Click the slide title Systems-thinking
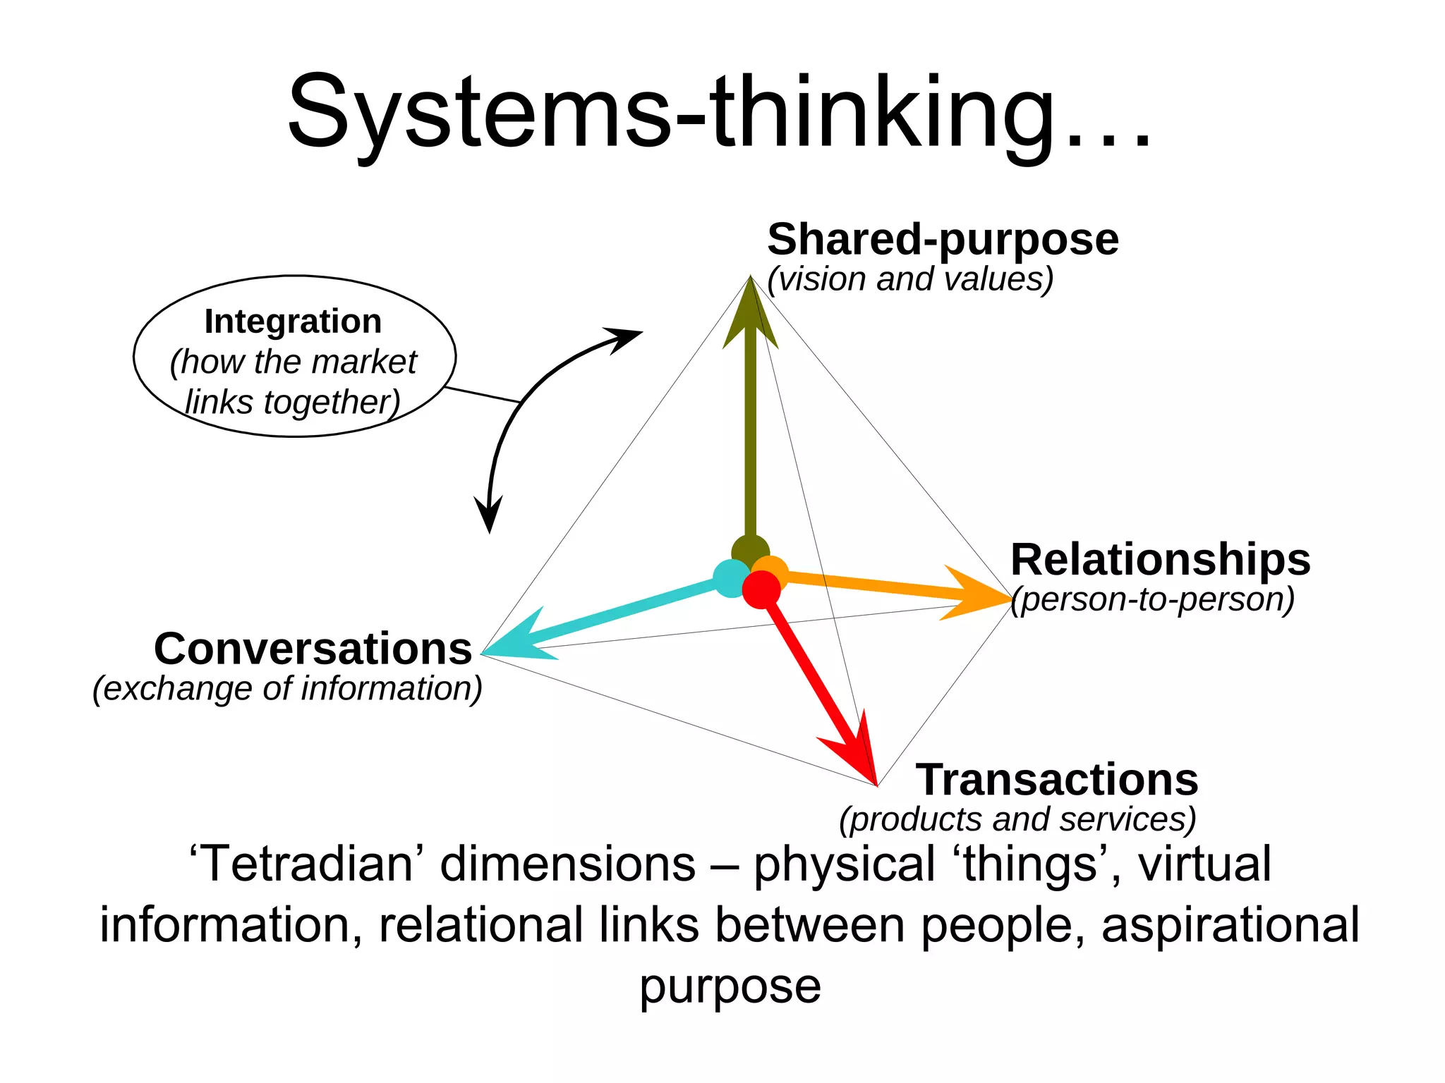click(x=720, y=113)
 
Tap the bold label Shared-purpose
click(x=943, y=240)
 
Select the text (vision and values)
click(x=910, y=279)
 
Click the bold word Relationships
click(x=1160, y=560)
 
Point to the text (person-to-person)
click(x=1153, y=599)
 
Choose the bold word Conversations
click(x=313, y=649)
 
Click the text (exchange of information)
click(x=287, y=688)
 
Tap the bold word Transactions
click(x=1057, y=780)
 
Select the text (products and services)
click(x=1017, y=819)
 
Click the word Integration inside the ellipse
click(x=293, y=322)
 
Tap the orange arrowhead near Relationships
click(x=977, y=594)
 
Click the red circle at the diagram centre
click(x=761, y=589)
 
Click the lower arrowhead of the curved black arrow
click(x=489, y=515)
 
